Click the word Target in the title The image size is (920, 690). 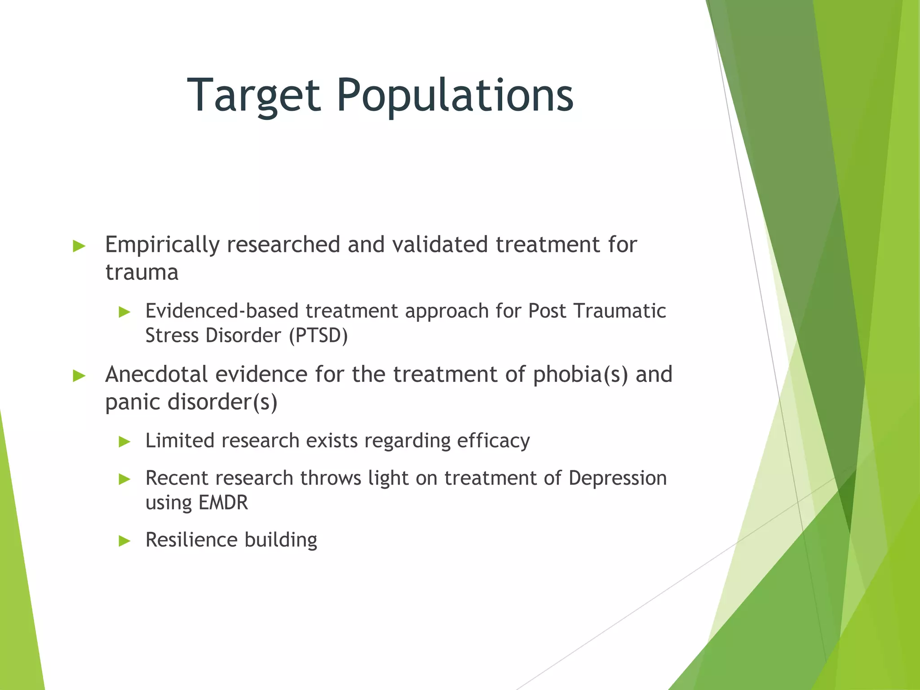[254, 95]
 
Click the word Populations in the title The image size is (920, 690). [455, 95]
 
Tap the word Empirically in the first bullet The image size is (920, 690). [162, 245]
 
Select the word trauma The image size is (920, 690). [142, 272]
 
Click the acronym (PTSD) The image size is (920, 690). [318, 336]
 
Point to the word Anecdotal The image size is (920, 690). [156, 374]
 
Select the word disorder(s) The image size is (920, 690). [222, 402]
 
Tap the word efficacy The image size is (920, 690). [493, 441]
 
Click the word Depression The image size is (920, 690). [617, 478]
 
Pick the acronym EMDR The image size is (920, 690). [223, 502]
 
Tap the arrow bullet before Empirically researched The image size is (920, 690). [79, 246]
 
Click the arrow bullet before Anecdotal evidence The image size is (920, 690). [79, 376]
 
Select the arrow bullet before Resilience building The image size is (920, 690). [124, 541]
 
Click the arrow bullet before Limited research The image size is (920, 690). [124, 442]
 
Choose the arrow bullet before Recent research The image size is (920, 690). [124, 479]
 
